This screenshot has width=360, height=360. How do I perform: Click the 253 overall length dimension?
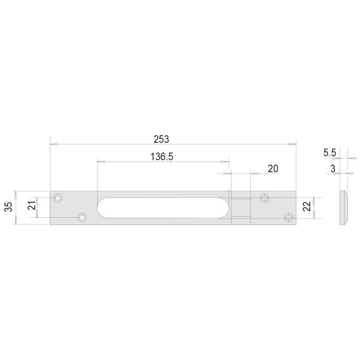[x=161, y=139]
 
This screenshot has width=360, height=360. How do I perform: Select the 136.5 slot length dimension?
[x=162, y=157]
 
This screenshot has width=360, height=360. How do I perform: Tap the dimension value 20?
[x=273, y=169]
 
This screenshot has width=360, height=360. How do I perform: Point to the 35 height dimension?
[x=8, y=207]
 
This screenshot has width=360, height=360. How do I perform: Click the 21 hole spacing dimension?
[x=32, y=205]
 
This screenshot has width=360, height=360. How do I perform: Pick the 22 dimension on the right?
[x=307, y=206]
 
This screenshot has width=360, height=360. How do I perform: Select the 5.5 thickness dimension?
[x=329, y=152]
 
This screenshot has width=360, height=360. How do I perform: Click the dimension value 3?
[x=332, y=169]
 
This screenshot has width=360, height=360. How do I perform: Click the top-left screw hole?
[x=58, y=198]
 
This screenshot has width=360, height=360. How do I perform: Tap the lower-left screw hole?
[x=82, y=217]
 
